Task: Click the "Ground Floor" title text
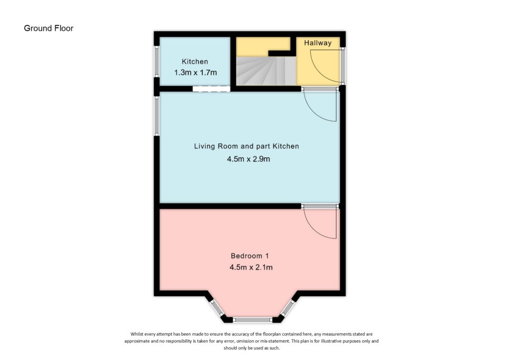(x=49, y=28)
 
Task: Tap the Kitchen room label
(x=195, y=62)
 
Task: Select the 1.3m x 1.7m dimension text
(x=195, y=73)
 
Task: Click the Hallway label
(x=318, y=43)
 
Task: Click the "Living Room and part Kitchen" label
(x=247, y=146)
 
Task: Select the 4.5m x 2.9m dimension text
(x=249, y=160)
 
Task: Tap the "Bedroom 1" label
(x=250, y=256)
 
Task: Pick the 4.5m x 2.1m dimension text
(x=251, y=268)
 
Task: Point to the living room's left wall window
(x=157, y=116)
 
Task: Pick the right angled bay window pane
(x=288, y=308)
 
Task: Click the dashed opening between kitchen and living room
(x=211, y=89)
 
